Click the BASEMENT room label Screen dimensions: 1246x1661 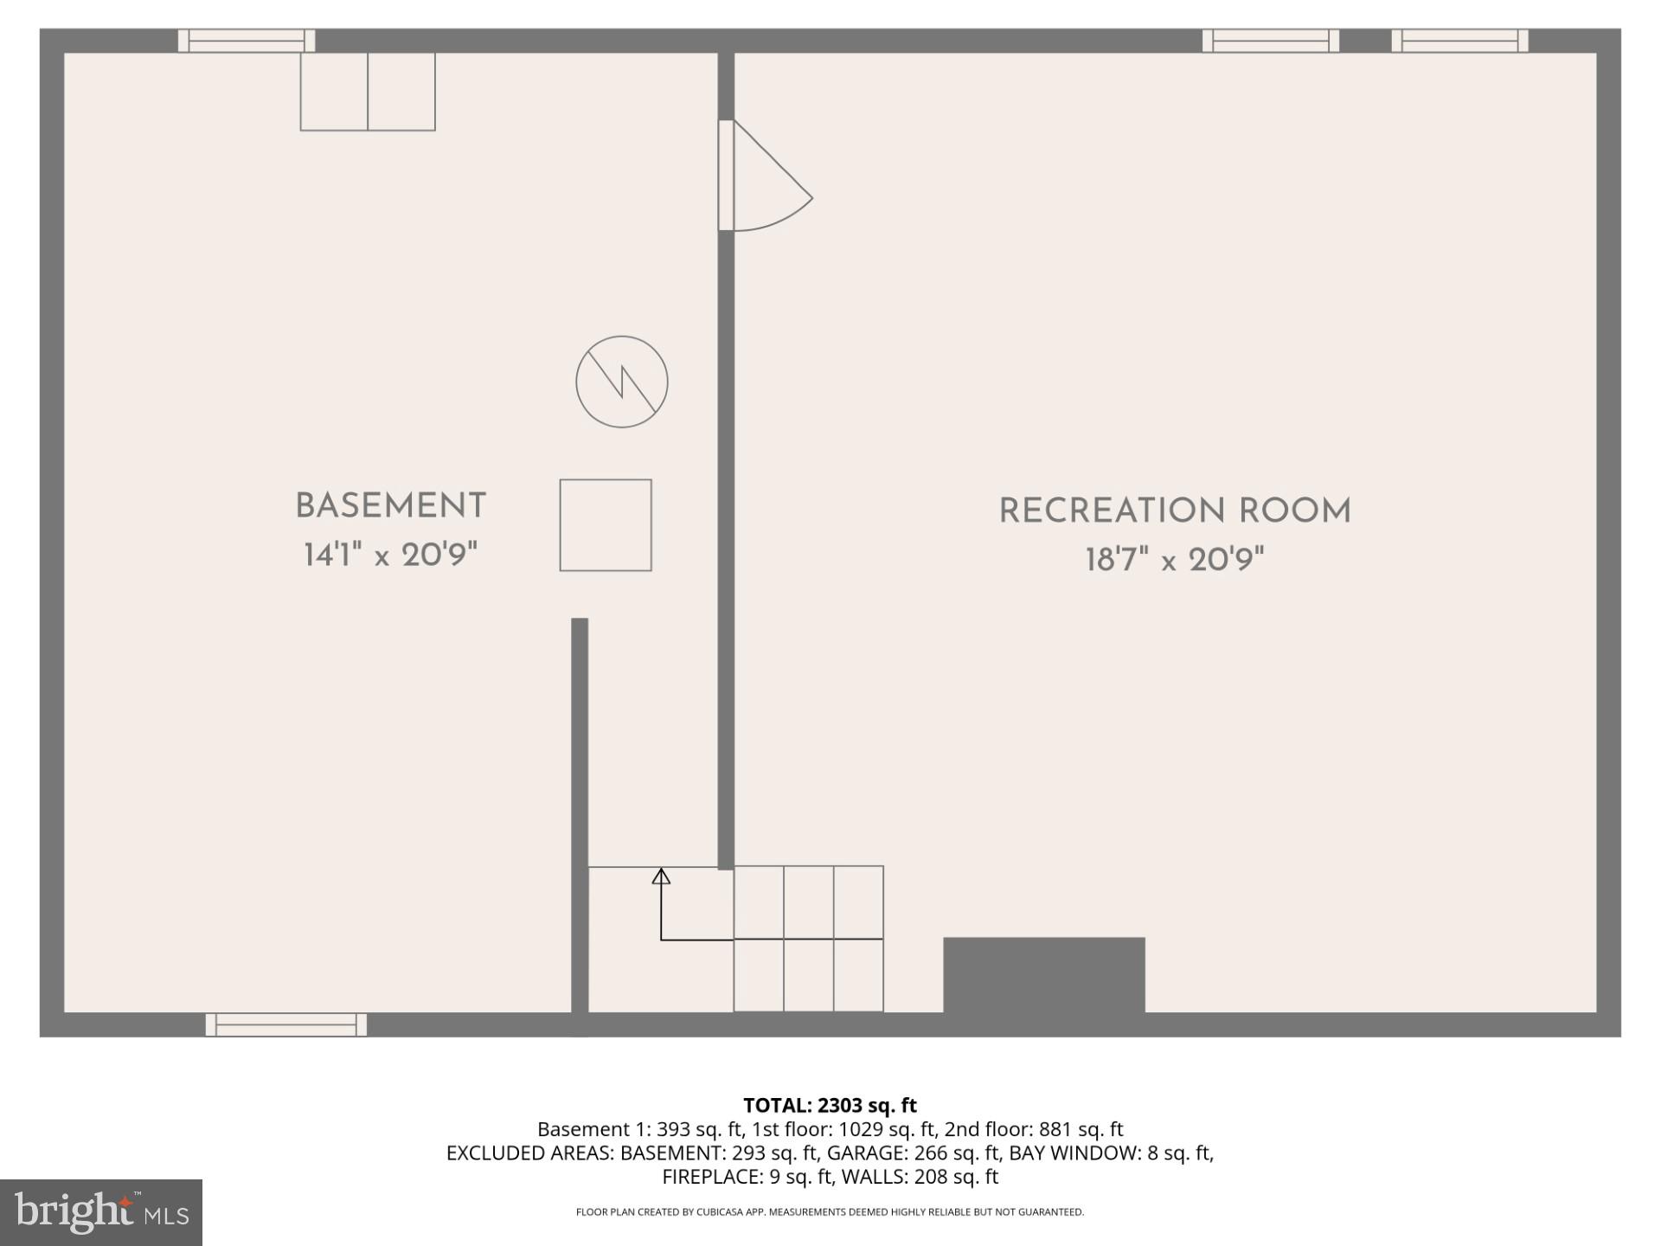point(390,506)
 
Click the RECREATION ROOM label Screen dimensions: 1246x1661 point(1175,511)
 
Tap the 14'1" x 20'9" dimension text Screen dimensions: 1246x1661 point(390,555)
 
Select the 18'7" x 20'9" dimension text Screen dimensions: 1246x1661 point(1175,560)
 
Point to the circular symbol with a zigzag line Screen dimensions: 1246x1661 point(622,382)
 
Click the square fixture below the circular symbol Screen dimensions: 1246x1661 point(606,525)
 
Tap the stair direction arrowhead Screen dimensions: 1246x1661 point(661,876)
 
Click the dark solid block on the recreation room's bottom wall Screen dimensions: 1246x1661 point(1043,974)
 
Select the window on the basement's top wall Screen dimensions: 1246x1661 point(247,41)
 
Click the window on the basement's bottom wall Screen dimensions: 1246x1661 point(286,1024)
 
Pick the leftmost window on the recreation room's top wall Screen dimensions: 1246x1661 point(1271,41)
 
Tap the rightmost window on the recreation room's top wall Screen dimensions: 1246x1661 point(1459,41)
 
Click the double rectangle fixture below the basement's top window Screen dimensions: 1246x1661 point(368,92)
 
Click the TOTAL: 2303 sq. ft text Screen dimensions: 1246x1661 point(830,1105)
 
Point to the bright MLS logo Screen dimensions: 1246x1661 point(101,1212)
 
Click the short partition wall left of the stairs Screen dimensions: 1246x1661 point(580,813)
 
